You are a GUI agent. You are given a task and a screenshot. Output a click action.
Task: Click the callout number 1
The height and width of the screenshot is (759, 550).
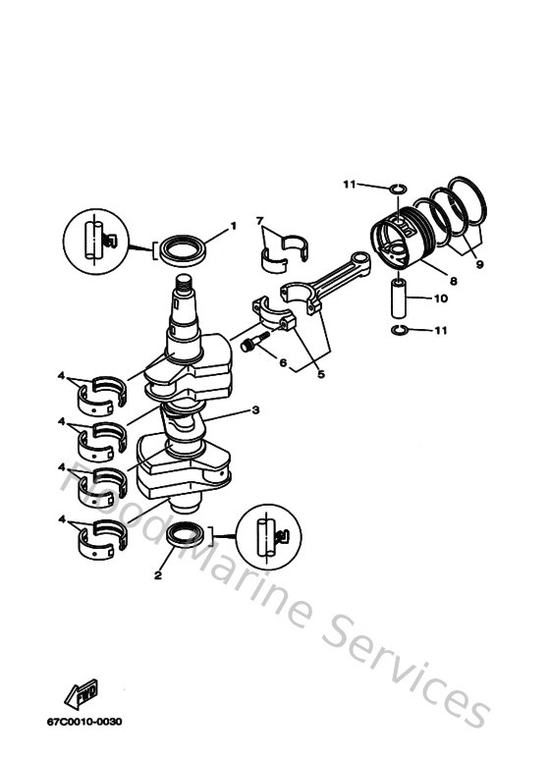[234, 227]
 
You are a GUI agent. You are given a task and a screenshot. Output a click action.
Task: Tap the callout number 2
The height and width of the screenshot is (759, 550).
[157, 576]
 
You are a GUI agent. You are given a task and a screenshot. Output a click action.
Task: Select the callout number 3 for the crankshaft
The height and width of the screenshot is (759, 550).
[255, 410]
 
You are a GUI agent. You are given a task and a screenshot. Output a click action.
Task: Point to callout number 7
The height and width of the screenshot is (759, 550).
[260, 221]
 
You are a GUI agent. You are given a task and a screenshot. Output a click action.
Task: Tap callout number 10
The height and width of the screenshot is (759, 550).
[441, 298]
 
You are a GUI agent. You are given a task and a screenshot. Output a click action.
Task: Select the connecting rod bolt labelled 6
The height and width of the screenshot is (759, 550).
[254, 344]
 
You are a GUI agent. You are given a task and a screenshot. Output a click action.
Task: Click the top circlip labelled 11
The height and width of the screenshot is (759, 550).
[397, 189]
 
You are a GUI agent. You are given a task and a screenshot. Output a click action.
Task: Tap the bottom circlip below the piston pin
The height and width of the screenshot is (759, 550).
[399, 329]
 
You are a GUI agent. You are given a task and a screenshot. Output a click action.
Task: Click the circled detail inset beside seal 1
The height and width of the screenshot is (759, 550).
[95, 240]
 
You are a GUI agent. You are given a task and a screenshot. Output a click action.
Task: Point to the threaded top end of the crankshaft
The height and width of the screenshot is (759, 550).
[183, 288]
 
